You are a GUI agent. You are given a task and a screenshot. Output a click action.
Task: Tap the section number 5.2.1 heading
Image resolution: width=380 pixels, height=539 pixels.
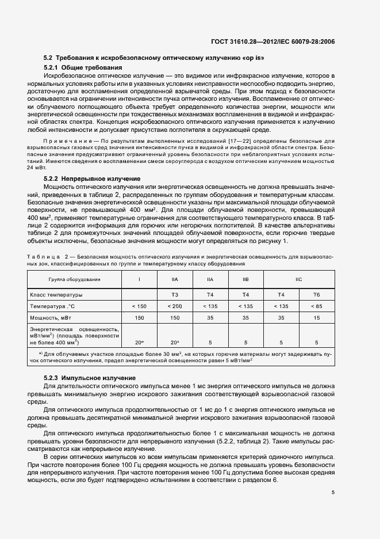click(x=53, y=68)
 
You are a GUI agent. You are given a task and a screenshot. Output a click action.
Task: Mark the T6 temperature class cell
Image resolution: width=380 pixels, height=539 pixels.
click(x=316, y=294)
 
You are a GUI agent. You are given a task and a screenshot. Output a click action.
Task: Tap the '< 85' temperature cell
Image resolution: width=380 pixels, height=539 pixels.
click(x=316, y=306)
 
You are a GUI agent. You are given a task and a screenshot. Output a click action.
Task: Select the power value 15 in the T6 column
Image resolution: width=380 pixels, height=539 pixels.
click(x=316, y=317)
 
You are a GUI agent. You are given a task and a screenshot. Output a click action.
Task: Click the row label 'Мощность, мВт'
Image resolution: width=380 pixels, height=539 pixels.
click(x=49, y=317)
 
